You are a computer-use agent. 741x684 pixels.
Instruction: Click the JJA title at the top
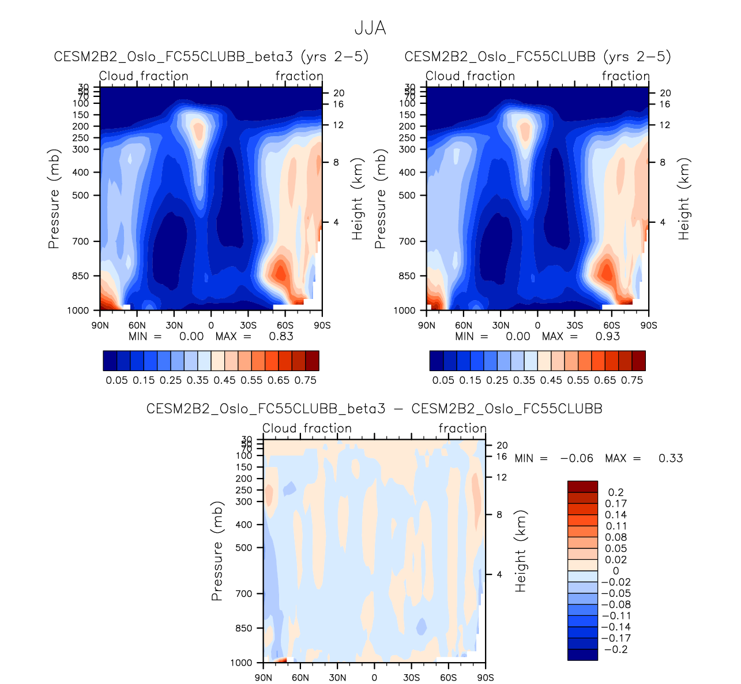370,28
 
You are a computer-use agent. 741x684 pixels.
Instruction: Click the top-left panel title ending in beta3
211,57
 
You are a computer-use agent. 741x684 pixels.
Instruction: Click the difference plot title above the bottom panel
374,409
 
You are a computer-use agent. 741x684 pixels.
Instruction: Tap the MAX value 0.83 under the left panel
281,337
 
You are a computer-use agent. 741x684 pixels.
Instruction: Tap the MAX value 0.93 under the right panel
608,337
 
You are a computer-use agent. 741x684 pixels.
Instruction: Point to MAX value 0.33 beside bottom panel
671,458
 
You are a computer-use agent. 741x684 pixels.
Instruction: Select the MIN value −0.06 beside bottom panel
577,458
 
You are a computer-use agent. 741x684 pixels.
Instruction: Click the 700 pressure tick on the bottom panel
245,593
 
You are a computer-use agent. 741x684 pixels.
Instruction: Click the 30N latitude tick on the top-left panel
174,326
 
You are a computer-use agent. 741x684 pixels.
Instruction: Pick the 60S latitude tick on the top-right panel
611,326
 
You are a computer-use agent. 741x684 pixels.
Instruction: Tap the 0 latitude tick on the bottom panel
374,678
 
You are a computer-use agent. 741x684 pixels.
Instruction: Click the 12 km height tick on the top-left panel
338,125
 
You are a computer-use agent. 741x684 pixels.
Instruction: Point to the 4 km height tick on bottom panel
499,574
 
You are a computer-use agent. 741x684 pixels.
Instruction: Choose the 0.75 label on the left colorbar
306,380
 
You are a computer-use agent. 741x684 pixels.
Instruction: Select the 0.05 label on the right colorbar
443,380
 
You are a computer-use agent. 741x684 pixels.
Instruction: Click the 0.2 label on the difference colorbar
616,492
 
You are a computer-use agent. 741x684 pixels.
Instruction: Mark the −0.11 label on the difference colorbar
616,616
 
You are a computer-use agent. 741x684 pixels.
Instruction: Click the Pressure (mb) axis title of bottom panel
217,551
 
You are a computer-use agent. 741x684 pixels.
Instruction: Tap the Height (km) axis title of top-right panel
684,199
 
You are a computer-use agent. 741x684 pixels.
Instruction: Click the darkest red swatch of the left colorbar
312,361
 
